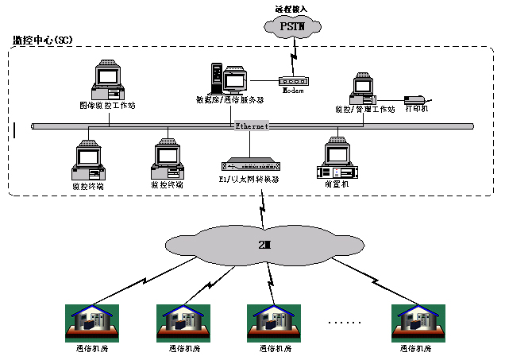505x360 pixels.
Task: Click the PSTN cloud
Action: coord(292,27)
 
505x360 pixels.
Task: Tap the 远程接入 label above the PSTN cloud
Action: coord(292,7)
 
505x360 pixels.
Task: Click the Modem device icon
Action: coord(293,80)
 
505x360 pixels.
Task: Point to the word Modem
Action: coord(293,91)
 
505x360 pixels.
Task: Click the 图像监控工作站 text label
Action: coord(106,106)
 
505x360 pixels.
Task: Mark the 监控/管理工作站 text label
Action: coord(364,109)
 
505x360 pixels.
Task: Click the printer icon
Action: coord(415,100)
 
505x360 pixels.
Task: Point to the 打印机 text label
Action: coord(417,109)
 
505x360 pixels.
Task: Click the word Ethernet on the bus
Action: coord(252,126)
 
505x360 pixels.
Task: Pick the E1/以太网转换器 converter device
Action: coord(249,165)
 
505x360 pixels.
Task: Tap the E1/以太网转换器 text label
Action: coord(249,179)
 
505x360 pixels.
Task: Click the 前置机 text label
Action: coord(337,184)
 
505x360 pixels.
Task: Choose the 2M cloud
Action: coord(263,243)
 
